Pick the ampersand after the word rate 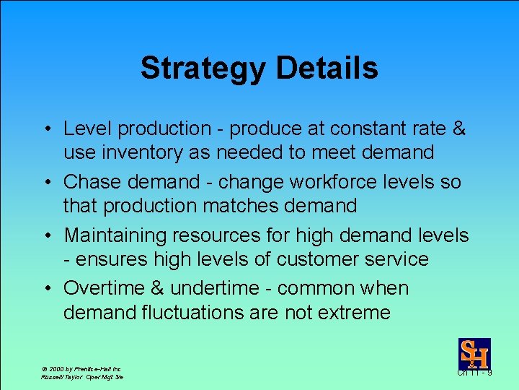tap(458, 129)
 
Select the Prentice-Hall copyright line tap(81, 368)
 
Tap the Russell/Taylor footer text tap(82, 377)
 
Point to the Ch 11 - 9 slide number tap(474, 373)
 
